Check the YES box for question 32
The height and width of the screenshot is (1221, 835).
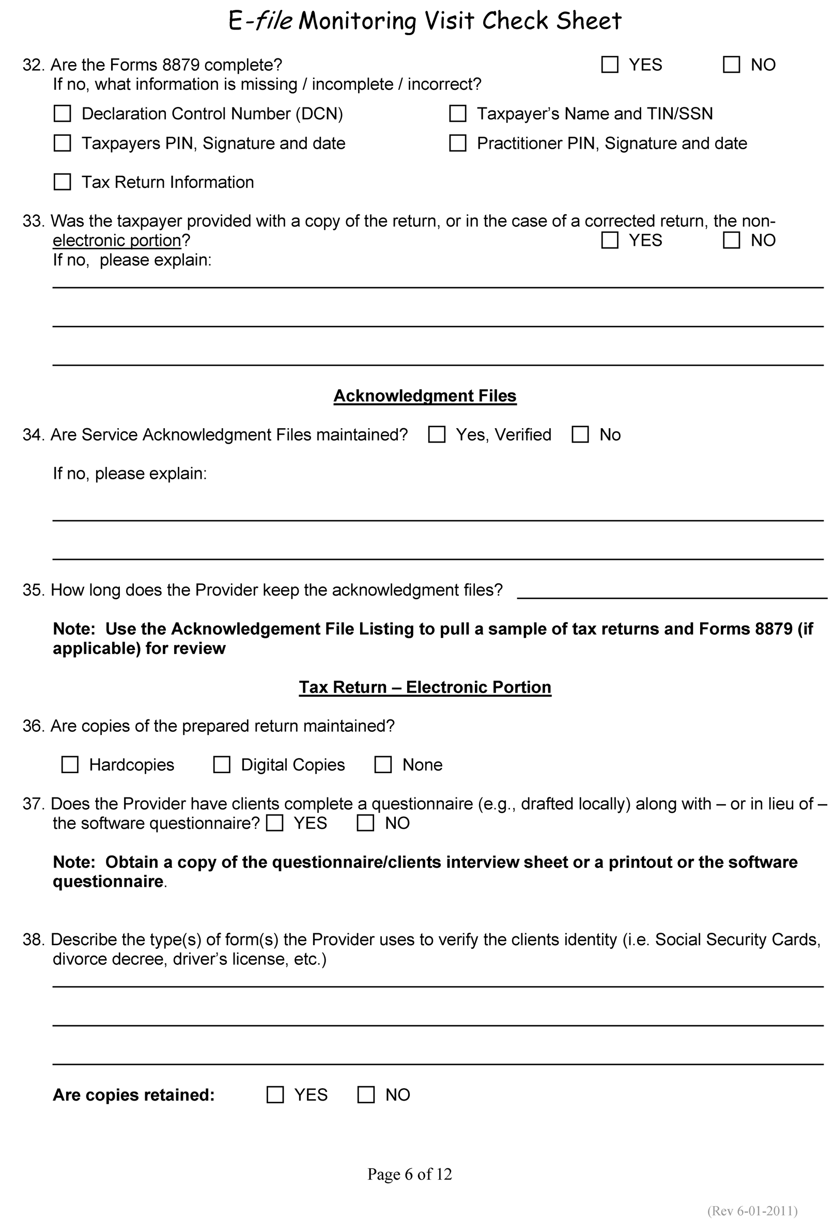[x=610, y=65]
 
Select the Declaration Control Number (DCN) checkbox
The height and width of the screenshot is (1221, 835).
[x=63, y=114]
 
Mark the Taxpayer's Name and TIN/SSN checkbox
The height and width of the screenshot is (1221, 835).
[x=458, y=114]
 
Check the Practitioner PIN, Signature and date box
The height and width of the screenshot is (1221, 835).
[x=458, y=143]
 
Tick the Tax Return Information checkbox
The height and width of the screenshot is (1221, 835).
[x=63, y=182]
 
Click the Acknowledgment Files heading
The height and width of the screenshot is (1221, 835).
[x=425, y=396]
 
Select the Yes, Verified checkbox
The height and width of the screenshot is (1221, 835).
[x=437, y=434]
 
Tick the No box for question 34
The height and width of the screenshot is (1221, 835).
[x=580, y=434]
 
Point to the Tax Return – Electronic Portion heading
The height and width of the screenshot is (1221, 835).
[x=425, y=687]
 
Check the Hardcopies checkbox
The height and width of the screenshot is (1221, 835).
[x=70, y=764]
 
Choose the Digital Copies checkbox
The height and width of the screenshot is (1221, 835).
[x=222, y=764]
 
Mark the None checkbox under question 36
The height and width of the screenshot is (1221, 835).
[x=383, y=764]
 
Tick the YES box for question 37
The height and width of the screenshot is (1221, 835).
[x=275, y=823]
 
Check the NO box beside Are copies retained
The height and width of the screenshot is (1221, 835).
[x=366, y=1095]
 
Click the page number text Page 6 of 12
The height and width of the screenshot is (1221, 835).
[x=409, y=1174]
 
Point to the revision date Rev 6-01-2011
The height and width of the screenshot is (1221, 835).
[x=752, y=1211]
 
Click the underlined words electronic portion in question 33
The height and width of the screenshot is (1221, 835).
[x=117, y=241]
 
